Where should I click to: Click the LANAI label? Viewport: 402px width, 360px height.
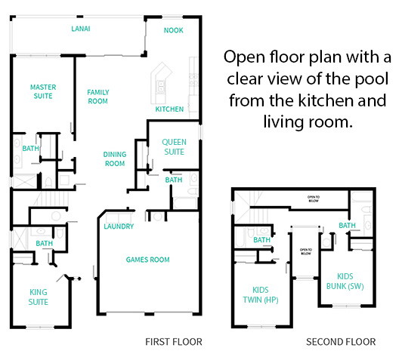click(x=82, y=29)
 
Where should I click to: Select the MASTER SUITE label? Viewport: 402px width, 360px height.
click(x=43, y=91)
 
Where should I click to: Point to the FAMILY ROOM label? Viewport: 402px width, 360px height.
click(x=98, y=97)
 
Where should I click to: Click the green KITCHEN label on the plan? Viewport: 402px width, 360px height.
click(x=169, y=109)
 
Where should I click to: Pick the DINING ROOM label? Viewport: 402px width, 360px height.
click(x=114, y=158)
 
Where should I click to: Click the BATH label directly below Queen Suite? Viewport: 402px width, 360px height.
click(x=174, y=180)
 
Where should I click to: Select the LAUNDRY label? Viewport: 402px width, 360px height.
click(x=119, y=226)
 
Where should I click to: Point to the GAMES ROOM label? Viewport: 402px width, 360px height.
click(x=147, y=260)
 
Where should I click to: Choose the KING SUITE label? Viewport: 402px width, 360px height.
click(x=39, y=297)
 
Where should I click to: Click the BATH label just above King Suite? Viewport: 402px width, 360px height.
click(x=44, y=244)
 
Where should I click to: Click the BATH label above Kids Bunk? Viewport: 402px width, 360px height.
click(x=348, y=226)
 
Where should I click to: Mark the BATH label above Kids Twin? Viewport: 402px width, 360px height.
click(x=262, y=241)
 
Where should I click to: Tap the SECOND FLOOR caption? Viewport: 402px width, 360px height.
click(x=340, y=342)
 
